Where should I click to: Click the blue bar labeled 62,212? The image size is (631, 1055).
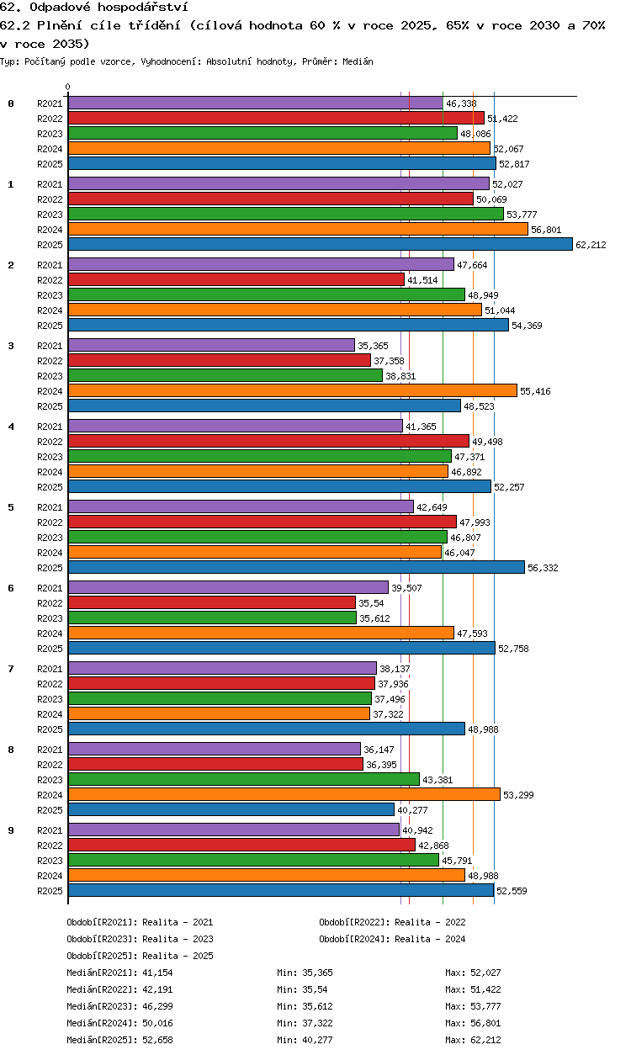tap(321, 244)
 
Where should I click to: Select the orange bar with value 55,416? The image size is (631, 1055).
tap(293, 390)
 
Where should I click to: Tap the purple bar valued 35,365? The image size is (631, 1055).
tap(211, 345)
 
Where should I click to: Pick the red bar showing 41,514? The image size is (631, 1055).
tap(236, 280)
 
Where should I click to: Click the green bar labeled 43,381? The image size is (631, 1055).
tap(243, 779)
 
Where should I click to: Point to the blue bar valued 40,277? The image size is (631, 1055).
tap(231, 809)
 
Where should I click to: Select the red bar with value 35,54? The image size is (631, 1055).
tap(212, 602)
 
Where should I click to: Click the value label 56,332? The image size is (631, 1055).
tap(543, 568)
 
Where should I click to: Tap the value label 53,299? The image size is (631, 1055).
tap(518, 794)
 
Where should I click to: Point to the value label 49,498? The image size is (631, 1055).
tap(487, 442)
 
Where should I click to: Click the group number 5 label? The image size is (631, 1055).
tap(11, 506)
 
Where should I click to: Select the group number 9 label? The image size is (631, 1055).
tap(11, 830)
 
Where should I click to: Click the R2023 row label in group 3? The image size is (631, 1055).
tap(50, 376)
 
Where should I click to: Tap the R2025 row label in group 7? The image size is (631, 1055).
tap(50, 729)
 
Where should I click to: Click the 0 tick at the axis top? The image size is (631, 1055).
tap(68, 87)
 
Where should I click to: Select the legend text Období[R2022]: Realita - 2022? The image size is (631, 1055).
tap(392, 922)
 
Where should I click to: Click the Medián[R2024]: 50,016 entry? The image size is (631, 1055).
tap(119, 1023)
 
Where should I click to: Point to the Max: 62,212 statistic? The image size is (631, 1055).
tap(473, 1040)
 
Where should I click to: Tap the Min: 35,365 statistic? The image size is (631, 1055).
tap(305, 973)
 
